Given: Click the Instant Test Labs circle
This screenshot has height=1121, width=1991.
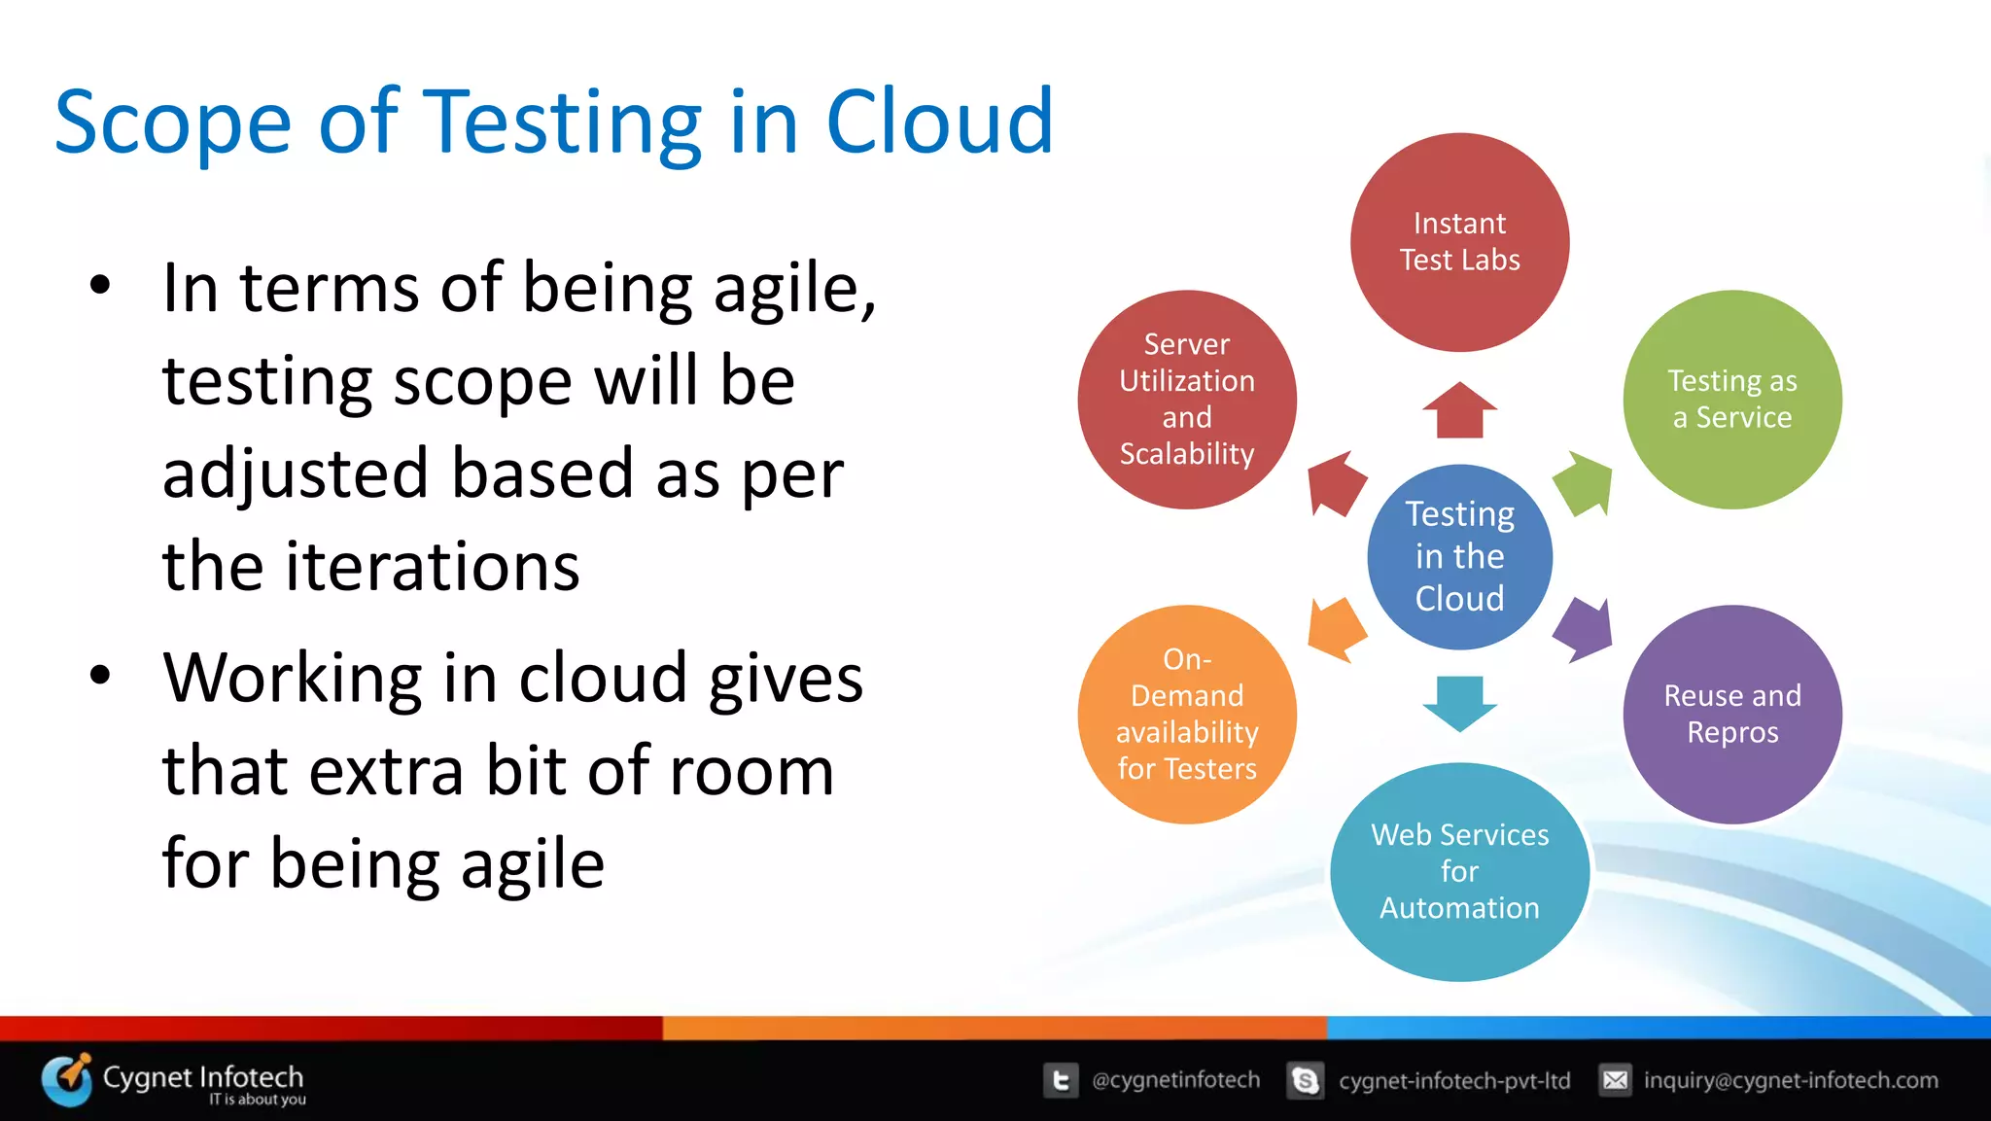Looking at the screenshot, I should point(1459,242).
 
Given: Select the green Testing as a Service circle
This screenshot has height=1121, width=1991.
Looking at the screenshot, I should point(1731,399).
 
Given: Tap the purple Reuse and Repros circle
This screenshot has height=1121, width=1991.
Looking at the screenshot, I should point(1731,714).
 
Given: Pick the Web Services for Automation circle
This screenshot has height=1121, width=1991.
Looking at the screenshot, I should point(1459,871).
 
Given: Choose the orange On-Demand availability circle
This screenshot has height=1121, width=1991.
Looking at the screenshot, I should point(1186,714).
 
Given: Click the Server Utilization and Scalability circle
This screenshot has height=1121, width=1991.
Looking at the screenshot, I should point(1186,399).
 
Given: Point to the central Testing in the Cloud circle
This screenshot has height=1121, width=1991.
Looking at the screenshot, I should point(1459,556).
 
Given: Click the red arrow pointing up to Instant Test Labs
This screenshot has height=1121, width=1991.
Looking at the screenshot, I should point(1459,410).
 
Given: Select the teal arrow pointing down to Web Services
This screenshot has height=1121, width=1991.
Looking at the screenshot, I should point(1459,702).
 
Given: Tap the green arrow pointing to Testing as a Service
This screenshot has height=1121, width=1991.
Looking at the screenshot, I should point(1584,483).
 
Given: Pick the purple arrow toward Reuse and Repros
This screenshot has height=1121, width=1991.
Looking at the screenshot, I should point(1584,630).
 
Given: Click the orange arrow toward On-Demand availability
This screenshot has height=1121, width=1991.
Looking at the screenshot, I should point(1336,630).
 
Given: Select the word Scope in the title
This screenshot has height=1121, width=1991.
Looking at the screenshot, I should point(172,123).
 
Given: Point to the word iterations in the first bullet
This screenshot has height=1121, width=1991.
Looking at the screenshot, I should point(432,566).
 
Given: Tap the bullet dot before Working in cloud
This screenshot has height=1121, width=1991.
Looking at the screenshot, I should point(99,675).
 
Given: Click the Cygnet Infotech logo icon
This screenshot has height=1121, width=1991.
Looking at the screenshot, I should point(66,1078).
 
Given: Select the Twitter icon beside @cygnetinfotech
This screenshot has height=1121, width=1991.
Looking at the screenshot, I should point(1061,1080).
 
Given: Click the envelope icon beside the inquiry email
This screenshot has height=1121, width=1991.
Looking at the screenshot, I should point(1615,1080).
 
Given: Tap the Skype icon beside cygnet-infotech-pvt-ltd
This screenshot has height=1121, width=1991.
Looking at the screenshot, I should point(1305,1080).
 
